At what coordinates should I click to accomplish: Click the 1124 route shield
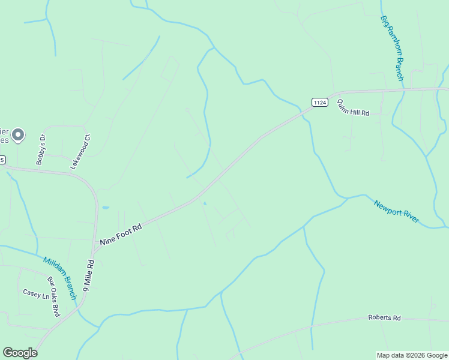click(320, 103)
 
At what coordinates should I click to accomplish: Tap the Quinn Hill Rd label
click(352, 108)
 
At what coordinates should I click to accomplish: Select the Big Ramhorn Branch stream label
click(393, 49)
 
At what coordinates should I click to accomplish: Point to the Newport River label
click(396, 212)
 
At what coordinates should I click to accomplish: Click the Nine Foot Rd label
click(121, 233)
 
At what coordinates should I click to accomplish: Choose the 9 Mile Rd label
click(89, 275)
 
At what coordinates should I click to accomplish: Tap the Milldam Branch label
click(60, 278)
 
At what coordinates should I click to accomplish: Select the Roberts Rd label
click(384, 317)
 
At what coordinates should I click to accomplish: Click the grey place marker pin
click(18, 135)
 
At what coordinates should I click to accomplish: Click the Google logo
click(20, 353)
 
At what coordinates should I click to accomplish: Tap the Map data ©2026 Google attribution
click(412, 355)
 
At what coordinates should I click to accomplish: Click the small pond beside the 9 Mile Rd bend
click(106, 207)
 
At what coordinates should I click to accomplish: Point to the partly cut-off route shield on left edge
click(2, 160)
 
